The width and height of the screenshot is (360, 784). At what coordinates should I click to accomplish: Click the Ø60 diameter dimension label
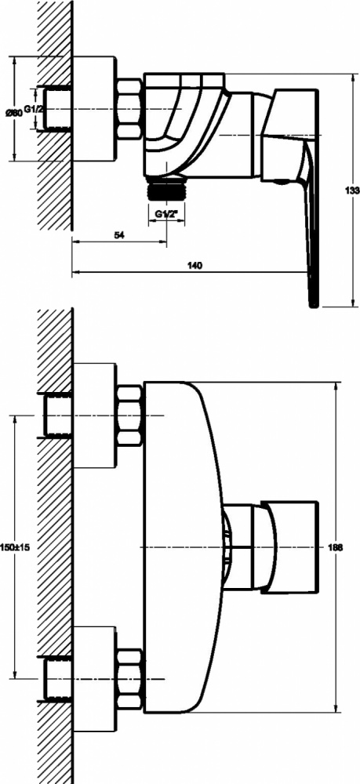tap(14, 113)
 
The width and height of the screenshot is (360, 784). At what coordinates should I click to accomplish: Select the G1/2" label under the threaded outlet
tap(166, 214)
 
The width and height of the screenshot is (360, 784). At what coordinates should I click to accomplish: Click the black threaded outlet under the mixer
tap(166, 190)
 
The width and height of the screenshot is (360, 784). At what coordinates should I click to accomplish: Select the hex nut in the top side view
tap(130, 108)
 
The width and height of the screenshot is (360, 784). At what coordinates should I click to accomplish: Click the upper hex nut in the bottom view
tap(130, 415)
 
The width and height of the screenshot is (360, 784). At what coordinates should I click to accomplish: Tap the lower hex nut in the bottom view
tap(130, 678)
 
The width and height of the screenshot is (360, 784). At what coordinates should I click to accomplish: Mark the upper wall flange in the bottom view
tap(95, 416)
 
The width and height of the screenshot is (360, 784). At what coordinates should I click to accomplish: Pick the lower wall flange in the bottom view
tap(95, 678)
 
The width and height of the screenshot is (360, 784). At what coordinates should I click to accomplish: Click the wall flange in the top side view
tap(95, 108)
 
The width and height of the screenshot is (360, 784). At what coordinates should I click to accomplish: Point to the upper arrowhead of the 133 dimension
tap(354, 78)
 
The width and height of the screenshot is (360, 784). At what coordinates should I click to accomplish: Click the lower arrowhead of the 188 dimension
tap(336, 707)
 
